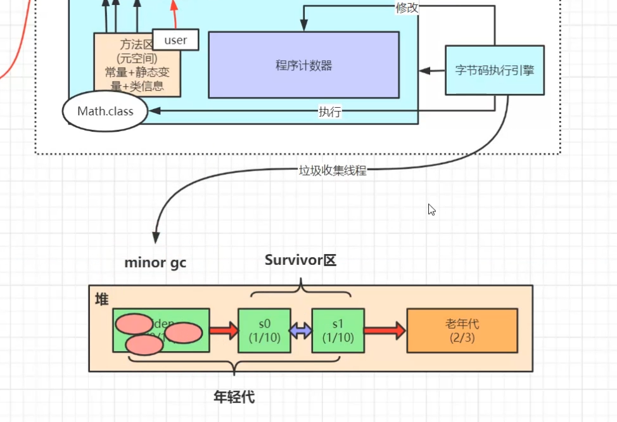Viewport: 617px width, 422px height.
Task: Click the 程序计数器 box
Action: [303, 65]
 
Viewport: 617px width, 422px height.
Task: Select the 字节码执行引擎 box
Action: [494, 70]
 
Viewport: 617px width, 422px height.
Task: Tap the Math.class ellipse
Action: [105, 112]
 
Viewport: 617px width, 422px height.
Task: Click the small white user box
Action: [175, 41]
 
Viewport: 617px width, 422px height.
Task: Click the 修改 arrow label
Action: [407, 8]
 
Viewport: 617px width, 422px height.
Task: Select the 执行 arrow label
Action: [329, 112]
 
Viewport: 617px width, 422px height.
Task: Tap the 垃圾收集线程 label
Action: [333, 170]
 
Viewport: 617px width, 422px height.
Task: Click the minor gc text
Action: [155, 262]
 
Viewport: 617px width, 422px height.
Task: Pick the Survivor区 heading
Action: [300, 260]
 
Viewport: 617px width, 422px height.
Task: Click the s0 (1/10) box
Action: [264, 330]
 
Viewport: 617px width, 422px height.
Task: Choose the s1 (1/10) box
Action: [338, 330]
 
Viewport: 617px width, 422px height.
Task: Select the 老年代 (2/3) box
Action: [462, 330]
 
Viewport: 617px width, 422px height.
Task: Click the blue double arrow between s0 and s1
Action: [301, 330]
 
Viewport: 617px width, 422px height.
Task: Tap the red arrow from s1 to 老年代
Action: [385, 330]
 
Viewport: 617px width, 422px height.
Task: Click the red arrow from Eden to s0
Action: [223, 330]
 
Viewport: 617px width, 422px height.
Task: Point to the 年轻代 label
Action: [234, 397]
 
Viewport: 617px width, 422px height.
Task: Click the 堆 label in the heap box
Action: [101, 299]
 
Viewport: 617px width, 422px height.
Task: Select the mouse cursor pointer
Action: [431, 209]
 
